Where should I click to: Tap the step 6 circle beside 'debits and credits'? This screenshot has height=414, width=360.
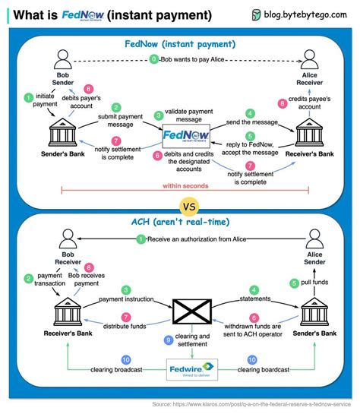(x=156, y=155)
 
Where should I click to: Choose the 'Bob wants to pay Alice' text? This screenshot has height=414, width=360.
(x=193, y=58)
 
